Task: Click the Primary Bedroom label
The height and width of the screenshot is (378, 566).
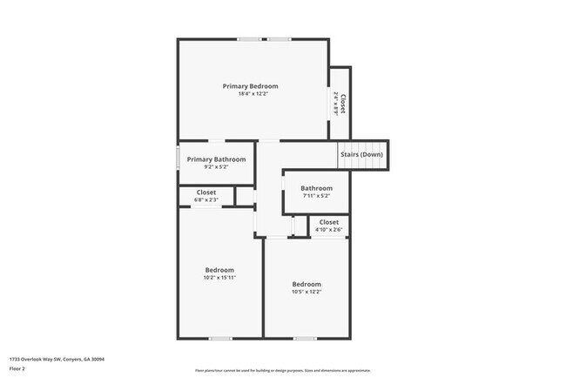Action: click(x=250, y=86)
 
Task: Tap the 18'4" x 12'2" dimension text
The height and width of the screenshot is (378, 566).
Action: click(x=250, y=94)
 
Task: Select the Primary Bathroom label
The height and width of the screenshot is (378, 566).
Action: click(x=216, y=159)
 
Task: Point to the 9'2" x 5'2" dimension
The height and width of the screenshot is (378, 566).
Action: click(x=216, y=167)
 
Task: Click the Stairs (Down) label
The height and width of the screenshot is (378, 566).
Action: click(x=361, y=155)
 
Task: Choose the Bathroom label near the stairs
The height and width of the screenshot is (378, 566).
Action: click(x=316, y=188)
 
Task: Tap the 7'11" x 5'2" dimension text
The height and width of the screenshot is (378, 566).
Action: click(x=316, y=196)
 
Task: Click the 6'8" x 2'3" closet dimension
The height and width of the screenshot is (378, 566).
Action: click(x=206, y=200)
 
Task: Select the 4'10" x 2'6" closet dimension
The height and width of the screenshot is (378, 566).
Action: click(x=329, y=230)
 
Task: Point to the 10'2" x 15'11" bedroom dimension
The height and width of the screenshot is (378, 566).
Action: click(x=219, y=278)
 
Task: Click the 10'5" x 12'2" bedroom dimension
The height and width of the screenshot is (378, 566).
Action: click(x=307, y=292)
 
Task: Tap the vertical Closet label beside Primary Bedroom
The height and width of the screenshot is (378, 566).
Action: click(x=343, y=105)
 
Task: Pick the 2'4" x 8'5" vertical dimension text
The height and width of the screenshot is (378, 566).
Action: click(x=335, y=105)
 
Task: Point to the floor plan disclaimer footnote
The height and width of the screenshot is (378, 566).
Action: click(x=282, y=371)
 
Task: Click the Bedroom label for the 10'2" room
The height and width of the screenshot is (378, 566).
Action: click(x=219, y=270)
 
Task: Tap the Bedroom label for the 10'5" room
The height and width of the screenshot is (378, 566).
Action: click(x=307, y=284)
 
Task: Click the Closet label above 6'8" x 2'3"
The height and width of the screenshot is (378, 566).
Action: click(x=206, y=192)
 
